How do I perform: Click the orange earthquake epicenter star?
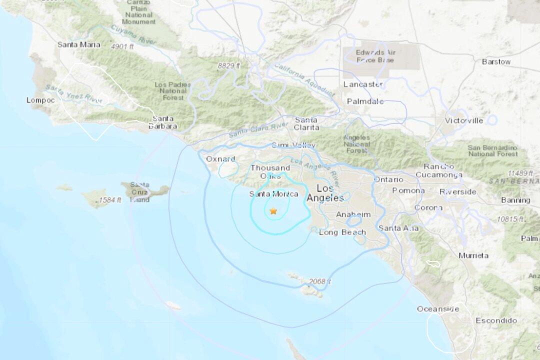[273, 211]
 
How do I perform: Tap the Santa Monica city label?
[273, 194]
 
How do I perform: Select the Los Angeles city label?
[325, 193]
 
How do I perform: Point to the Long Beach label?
[342, 232]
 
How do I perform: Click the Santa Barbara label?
[163, 122]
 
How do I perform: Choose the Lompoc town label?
[39, 100]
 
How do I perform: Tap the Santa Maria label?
[78, 44]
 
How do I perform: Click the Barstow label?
[496, 61]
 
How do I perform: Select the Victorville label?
[464, 120]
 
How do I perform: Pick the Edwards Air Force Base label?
[375, 56]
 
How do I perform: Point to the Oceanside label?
[437, 309]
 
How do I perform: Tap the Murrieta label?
[473, 255]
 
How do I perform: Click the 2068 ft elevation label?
[320, 282]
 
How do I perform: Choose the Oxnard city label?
[220, 159]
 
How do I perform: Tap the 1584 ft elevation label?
[109, 200]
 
